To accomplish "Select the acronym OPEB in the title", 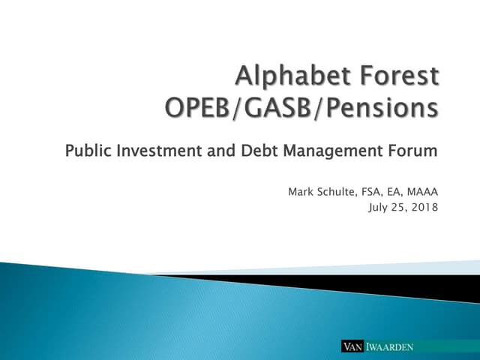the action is click(x=196, y=108).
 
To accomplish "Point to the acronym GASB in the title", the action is click(x=277, y=108).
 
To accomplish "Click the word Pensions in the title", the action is click(x=382, y=108).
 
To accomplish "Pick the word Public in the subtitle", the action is click(x=88, y=151).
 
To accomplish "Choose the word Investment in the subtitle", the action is click(x=159, y=151).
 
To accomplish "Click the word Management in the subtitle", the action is click(x=333, y=151).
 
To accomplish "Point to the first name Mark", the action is click(x=301, y=192).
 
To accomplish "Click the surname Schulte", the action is click(x=337, y=192).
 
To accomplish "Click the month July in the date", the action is click(x=378, y=208).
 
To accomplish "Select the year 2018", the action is click(x=425, y=207).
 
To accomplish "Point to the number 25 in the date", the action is click(x=400, y=208).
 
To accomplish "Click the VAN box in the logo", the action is click(x=352, y=346).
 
